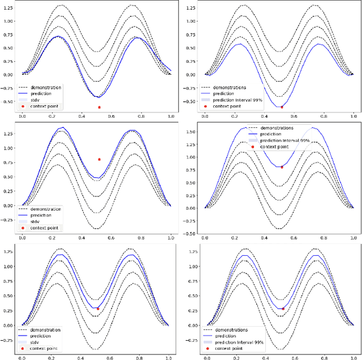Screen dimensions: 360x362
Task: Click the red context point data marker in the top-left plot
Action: [x=99, y=107]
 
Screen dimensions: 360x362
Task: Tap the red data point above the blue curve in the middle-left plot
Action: [x=99, y=160]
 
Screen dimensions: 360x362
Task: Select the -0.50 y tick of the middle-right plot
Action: [x=190, y=234]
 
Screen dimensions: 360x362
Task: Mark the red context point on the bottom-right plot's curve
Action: [x=283, y=308]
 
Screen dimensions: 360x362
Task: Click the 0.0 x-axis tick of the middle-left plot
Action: [x=21, y=239]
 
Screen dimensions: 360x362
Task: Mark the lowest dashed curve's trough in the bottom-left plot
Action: [x=97, y=349]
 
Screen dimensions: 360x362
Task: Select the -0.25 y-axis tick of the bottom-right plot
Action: [x=190, y=340]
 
